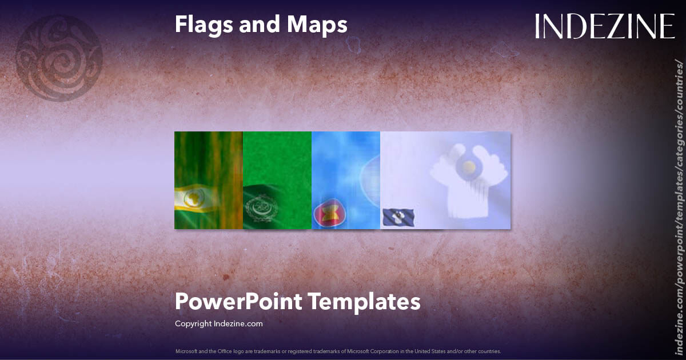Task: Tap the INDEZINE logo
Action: (x=604, y=26)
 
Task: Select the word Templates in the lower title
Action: (x=364, y=301)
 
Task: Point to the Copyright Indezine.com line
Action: (x=218, y=323)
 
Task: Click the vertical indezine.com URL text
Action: (x=679, y=206)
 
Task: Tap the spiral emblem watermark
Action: (x=59, y=58)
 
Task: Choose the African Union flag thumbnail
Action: (x=209, y=180)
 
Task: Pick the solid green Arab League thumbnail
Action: (x=277, y=180)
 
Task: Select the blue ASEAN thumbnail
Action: (x=346, y=180)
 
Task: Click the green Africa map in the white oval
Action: (x=196, y=199)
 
